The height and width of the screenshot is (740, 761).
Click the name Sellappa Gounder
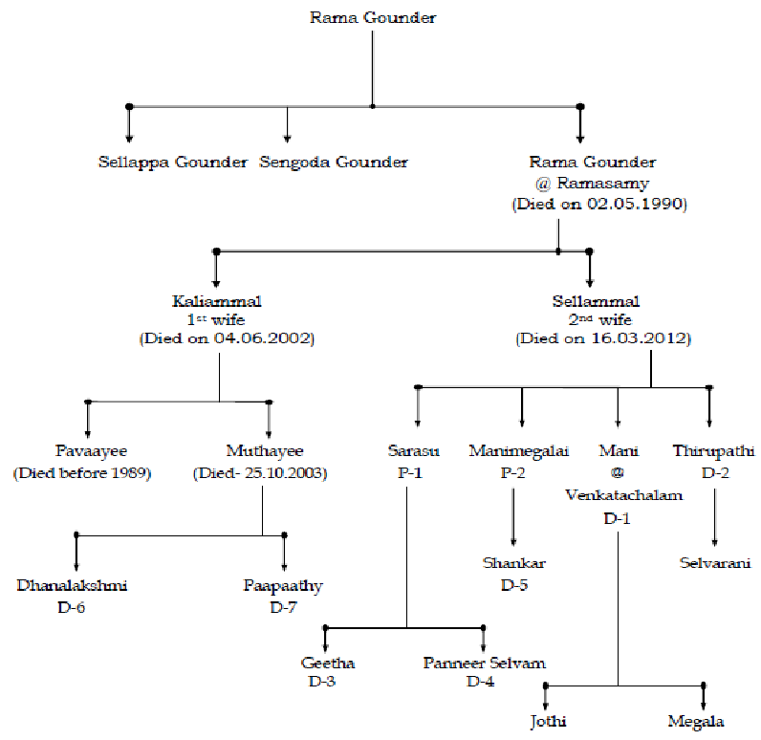click(x=172, y=162)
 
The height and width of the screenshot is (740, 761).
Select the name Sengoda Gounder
click(x=334, y=162)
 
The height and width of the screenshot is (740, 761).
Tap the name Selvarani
click(x=715, y=562)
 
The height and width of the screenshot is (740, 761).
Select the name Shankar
click(x=513, y=563)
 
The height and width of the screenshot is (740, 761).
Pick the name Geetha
click(x=328, y=663)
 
